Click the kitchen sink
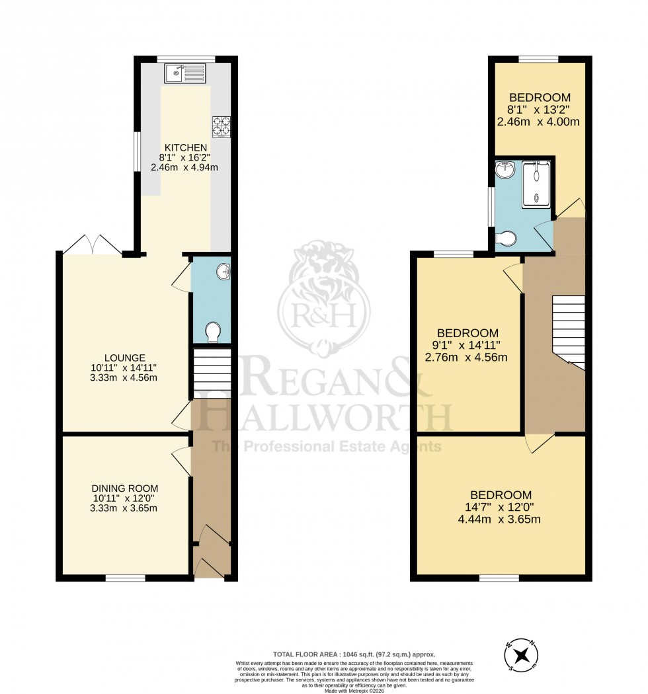click(186, 72)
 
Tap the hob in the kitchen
click(220, 126)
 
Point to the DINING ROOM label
click(125, 488)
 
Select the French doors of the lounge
click(93, 246)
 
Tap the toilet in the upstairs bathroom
click(506, 239)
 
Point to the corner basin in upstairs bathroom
click(503, 170)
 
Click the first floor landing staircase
click(568, 332)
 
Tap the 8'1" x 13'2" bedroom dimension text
click(538, 110)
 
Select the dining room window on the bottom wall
click(125, 578)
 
